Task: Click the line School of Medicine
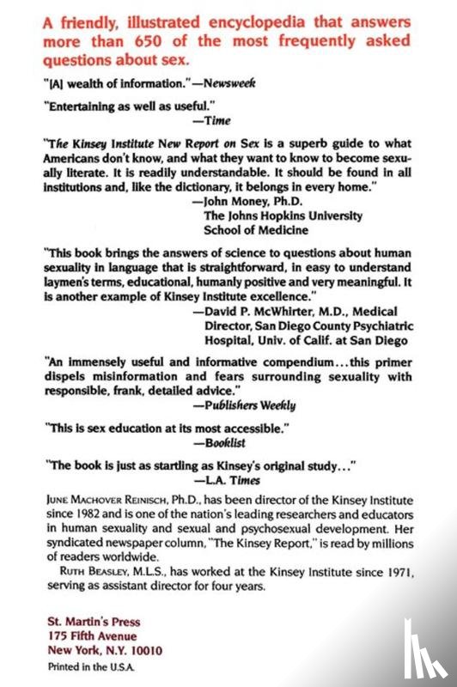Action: click(x=259, y=230)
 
